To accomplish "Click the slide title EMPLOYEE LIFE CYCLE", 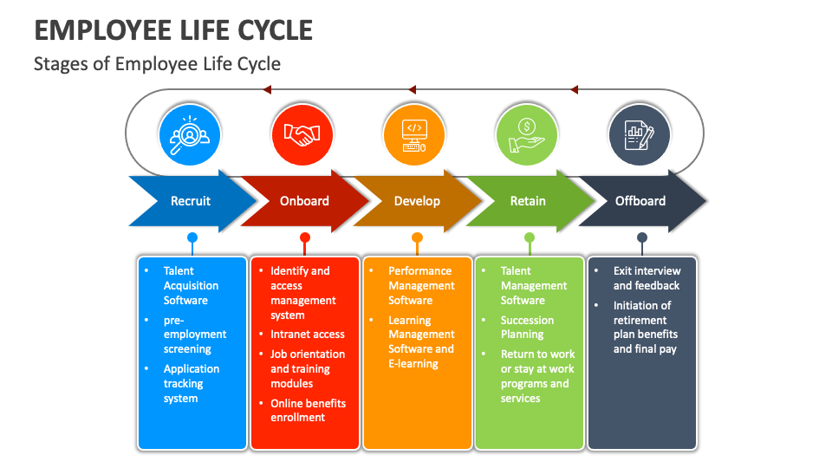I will (173, 29).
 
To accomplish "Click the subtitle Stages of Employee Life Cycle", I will (157, 64).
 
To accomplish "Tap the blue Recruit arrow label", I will (191, 201).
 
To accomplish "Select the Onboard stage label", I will (304, 201).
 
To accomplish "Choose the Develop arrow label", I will (417, 201).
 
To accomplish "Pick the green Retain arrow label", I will (528, 201).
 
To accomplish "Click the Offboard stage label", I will (640, 201).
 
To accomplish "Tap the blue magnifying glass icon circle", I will (190, 134).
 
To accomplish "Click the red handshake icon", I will (302, 134).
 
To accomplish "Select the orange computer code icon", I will (414, 134).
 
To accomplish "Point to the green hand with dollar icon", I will (527, 134).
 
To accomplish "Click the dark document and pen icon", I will (640, 134).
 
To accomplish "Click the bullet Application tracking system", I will (191, 383).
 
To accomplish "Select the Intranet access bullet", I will (307, 334).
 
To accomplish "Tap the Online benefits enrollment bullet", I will (308, 410).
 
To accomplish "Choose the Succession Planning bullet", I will (527, 327).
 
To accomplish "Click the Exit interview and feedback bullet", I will (647, 278).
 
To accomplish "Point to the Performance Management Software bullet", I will (420, 285).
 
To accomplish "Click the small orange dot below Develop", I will (417, 237).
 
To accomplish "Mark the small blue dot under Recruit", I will (192, 237).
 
